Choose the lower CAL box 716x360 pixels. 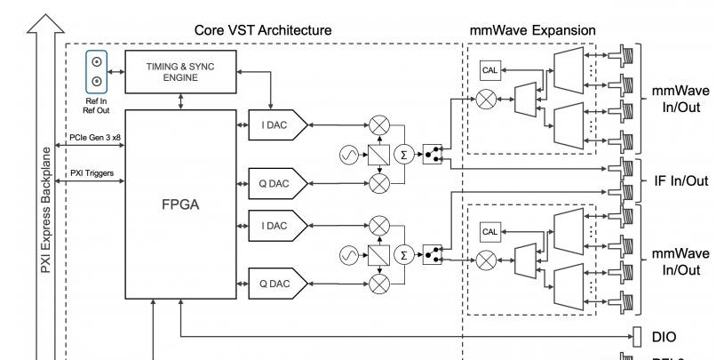pos(490,231)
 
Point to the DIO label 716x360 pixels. pos(664,337)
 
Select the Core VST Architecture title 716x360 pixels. pos(263,30)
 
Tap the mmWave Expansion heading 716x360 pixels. pos(532,30)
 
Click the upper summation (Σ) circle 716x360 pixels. pos(405,156)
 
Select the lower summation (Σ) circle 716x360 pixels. pos(405,255)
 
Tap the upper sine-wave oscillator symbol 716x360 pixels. pos(348,156)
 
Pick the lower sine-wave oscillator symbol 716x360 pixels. pos(348,255)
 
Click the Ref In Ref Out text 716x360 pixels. pos(94,106)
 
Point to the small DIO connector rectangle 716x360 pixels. pos(637,337)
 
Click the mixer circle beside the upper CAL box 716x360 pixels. pos(486,100)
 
